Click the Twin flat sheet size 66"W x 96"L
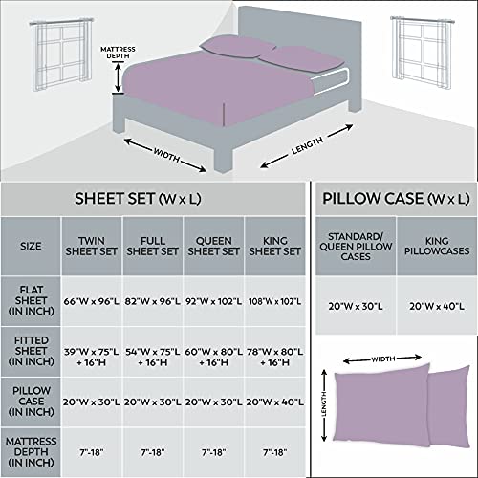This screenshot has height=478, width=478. coord(91,301)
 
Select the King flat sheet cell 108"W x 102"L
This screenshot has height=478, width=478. coord(274,301)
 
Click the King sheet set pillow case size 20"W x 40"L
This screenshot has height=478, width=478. coord(274,402)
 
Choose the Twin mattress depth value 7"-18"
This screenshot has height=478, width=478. coord(91,452)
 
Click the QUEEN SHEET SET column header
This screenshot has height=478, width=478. coord(213,246)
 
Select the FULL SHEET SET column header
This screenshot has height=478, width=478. coord(152,246)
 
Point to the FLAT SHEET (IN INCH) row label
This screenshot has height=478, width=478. coord(31,300)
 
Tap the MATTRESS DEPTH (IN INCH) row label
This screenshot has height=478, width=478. coord(31,452)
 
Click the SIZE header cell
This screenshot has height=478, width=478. coord(31,246)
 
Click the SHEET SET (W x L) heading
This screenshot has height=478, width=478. coord(138,199)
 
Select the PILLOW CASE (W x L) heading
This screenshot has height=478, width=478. coord(396,199)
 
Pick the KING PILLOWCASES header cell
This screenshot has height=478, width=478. coord(437,246)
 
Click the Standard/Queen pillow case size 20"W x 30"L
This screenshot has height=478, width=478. coord(356,307)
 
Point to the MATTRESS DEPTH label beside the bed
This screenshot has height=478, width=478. coord(118,53)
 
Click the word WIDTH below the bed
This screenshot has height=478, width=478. coord(166,155)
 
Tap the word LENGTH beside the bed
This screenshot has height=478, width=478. coord(308,145)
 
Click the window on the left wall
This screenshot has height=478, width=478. coord(62,54)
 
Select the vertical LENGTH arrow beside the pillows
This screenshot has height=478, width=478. coord(324,405)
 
